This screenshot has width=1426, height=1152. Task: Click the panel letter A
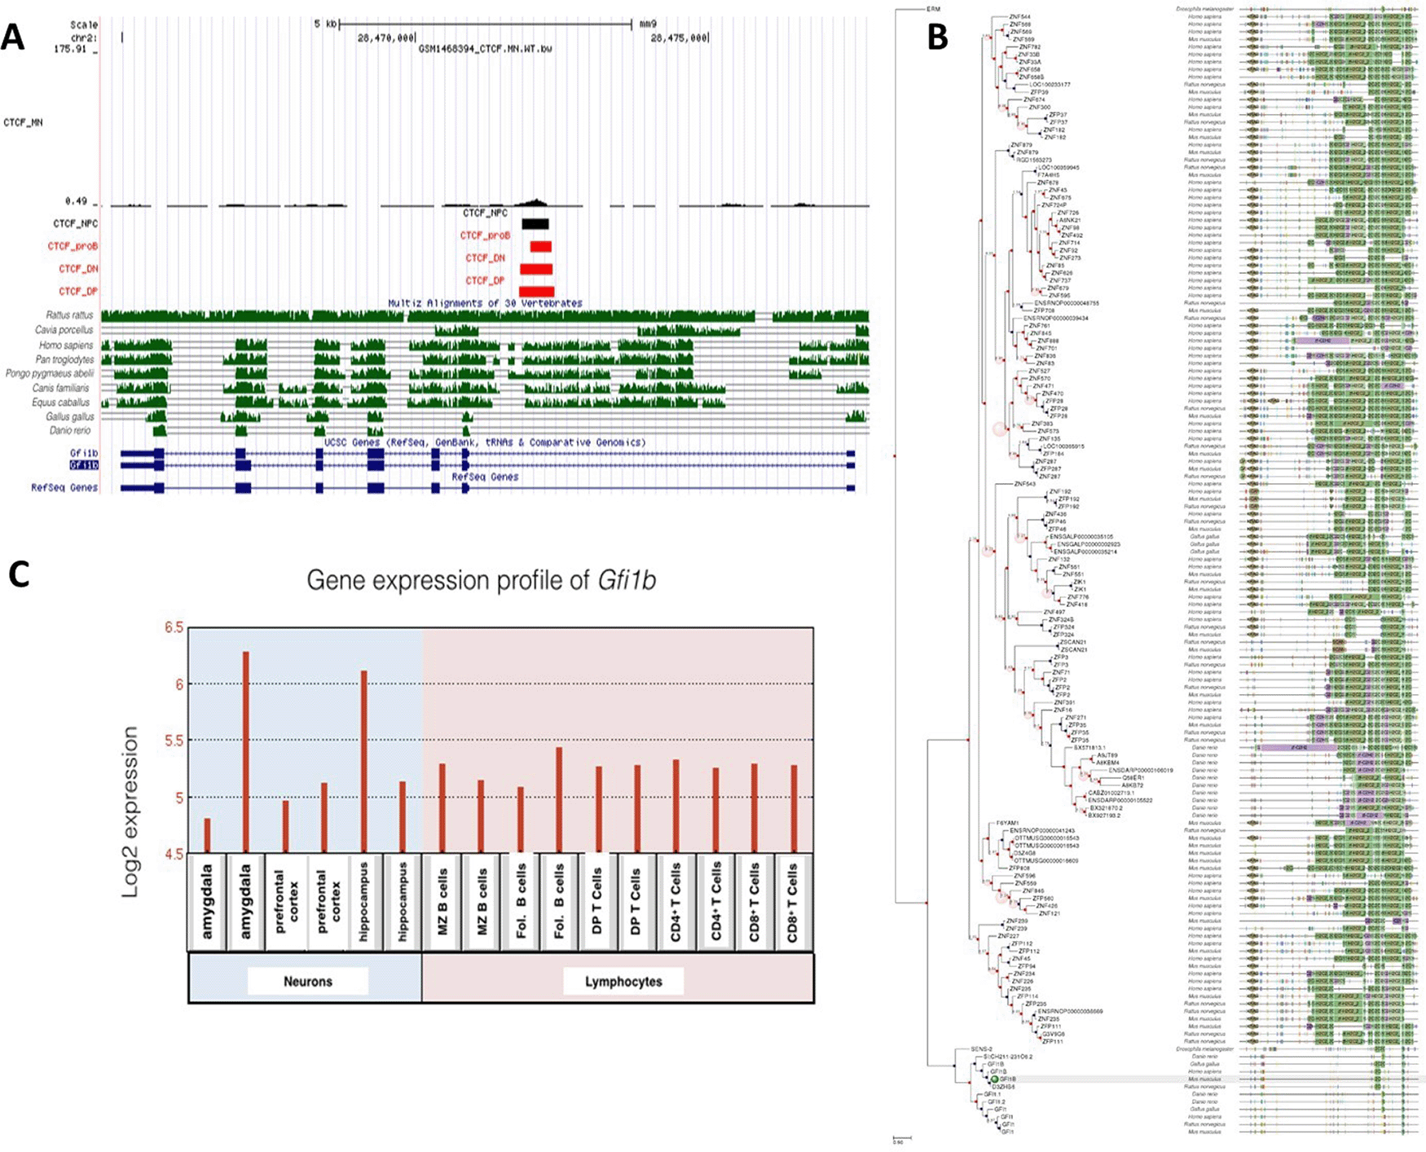tap(12, 37)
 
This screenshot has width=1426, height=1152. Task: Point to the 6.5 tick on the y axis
tap(174, 628)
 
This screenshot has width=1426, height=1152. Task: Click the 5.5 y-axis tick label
tap(174, 741)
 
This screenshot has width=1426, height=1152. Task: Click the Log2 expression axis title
tap(130, 812)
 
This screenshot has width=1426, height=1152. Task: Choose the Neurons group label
tap(308, 982)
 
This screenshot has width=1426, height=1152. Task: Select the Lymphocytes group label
tap(623, 982)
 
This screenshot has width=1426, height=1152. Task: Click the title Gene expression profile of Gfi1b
tap(481, 580)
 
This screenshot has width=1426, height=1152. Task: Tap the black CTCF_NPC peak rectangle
tap(535, 223)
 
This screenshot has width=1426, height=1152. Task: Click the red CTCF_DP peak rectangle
tap(536, 292)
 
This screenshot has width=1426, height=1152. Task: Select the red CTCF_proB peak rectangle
tap(540, 246)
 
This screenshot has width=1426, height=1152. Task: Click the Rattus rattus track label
tap(69, 314)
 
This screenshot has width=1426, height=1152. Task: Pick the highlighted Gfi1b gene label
tap(84, 465)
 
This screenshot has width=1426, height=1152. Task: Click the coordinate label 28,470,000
tap(387, 37)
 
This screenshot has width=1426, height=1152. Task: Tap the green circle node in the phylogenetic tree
tap(995, 1079)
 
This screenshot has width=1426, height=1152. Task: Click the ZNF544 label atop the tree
tap(1019, 16)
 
